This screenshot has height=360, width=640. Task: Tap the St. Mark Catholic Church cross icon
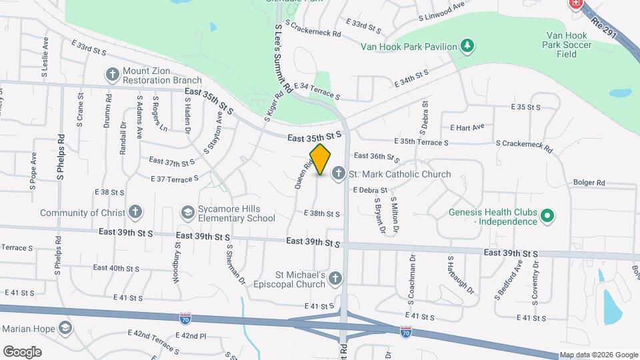pos(338,174)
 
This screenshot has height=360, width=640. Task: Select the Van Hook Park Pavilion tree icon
pos(469,46)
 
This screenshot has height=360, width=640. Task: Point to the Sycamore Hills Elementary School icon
pos(188,213)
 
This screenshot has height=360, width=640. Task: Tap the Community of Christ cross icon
pos(135,213)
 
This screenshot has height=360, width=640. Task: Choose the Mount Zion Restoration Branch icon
pos(112,74)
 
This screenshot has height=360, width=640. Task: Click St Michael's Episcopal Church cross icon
pos(335,279)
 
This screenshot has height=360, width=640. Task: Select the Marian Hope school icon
pos(65,328)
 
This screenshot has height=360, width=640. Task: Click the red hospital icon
pos(575,4)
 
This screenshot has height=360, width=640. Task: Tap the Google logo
pos(22,351)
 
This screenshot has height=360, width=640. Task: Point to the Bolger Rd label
pos(589,182)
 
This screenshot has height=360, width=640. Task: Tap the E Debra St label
pos(371,190)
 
